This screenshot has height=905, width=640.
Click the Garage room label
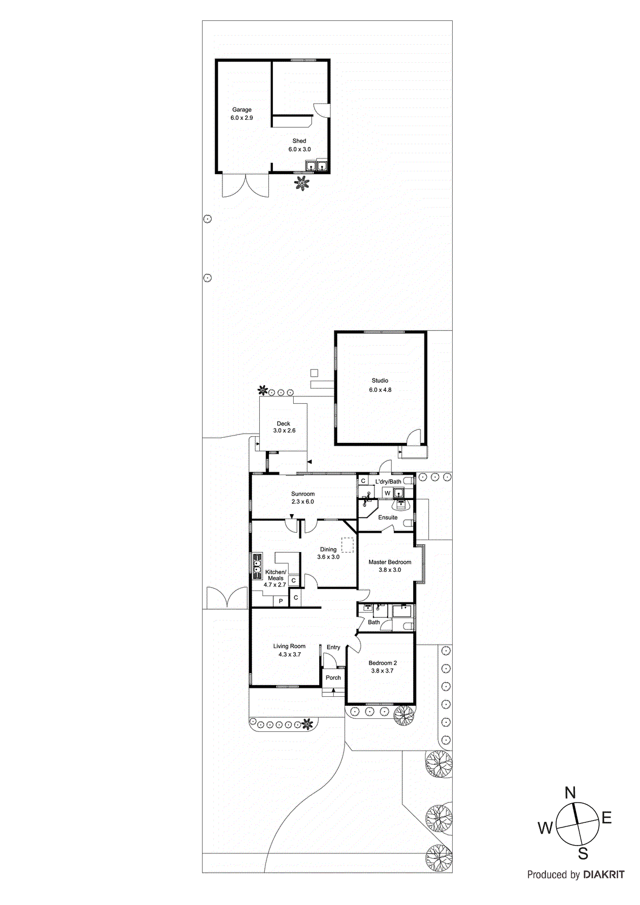[242, 110]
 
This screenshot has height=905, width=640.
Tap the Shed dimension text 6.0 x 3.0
[299, 149]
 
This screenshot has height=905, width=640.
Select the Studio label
[380, 381]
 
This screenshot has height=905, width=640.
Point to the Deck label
[284, 423]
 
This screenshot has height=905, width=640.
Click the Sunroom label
[303, 494]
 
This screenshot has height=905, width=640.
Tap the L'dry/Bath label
[388, 482]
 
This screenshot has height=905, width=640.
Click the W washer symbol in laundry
[388, 493]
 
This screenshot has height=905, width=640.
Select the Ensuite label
[388, 518]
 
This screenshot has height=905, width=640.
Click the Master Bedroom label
[390, 562]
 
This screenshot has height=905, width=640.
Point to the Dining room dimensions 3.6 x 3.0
[328, 557]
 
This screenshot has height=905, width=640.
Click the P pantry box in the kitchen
[281, 601]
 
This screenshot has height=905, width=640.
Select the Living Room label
[289, 646]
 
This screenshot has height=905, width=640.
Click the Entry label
[333, 647]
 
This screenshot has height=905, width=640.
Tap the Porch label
[333, 678]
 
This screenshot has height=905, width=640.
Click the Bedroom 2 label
[383, 663]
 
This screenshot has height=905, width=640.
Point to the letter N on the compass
[570, 793]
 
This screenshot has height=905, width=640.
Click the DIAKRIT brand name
[604, 875]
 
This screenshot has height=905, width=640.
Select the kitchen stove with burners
[257, 566]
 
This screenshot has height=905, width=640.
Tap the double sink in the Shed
[316, 166]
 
